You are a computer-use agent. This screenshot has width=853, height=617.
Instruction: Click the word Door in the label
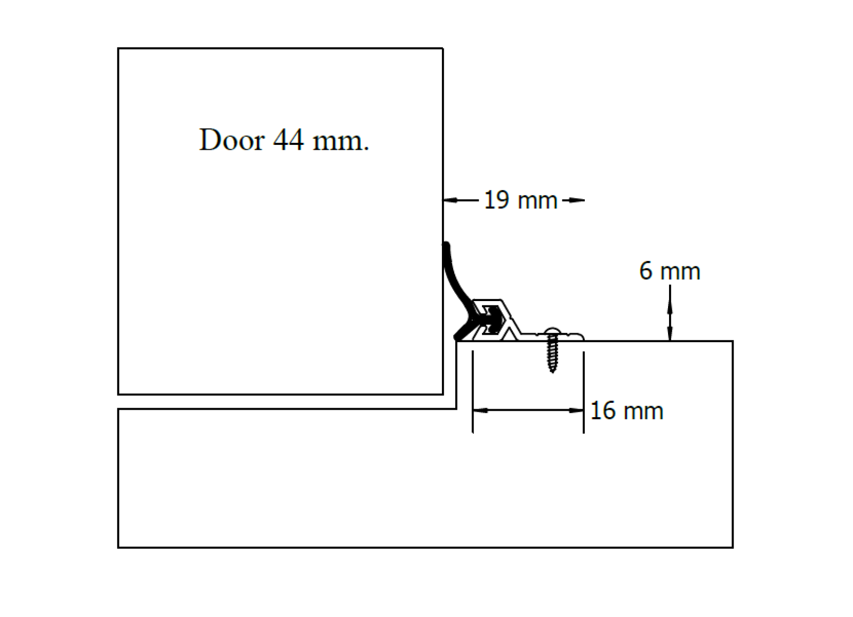click(x=231, y=141)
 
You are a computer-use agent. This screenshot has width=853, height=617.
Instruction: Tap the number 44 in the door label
click(x=288, y=141)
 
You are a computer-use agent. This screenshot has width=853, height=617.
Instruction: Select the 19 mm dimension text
click(x=520, y=200)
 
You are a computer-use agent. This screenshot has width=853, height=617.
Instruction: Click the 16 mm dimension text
click(x=626, y=411)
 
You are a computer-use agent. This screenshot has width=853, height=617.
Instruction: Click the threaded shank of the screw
click(x=552, y=354)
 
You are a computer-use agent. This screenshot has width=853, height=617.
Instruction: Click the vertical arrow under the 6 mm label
click(x=670, y=314)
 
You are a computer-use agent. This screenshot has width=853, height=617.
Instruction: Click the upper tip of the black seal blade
click(x=446, y=246)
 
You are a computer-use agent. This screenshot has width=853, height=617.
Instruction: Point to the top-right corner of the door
click(x=442, y=48)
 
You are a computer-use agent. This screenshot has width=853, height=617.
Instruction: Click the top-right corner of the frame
click(x=733, y=342)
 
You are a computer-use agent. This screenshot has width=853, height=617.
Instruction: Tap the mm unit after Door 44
click(x=340, y=142)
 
